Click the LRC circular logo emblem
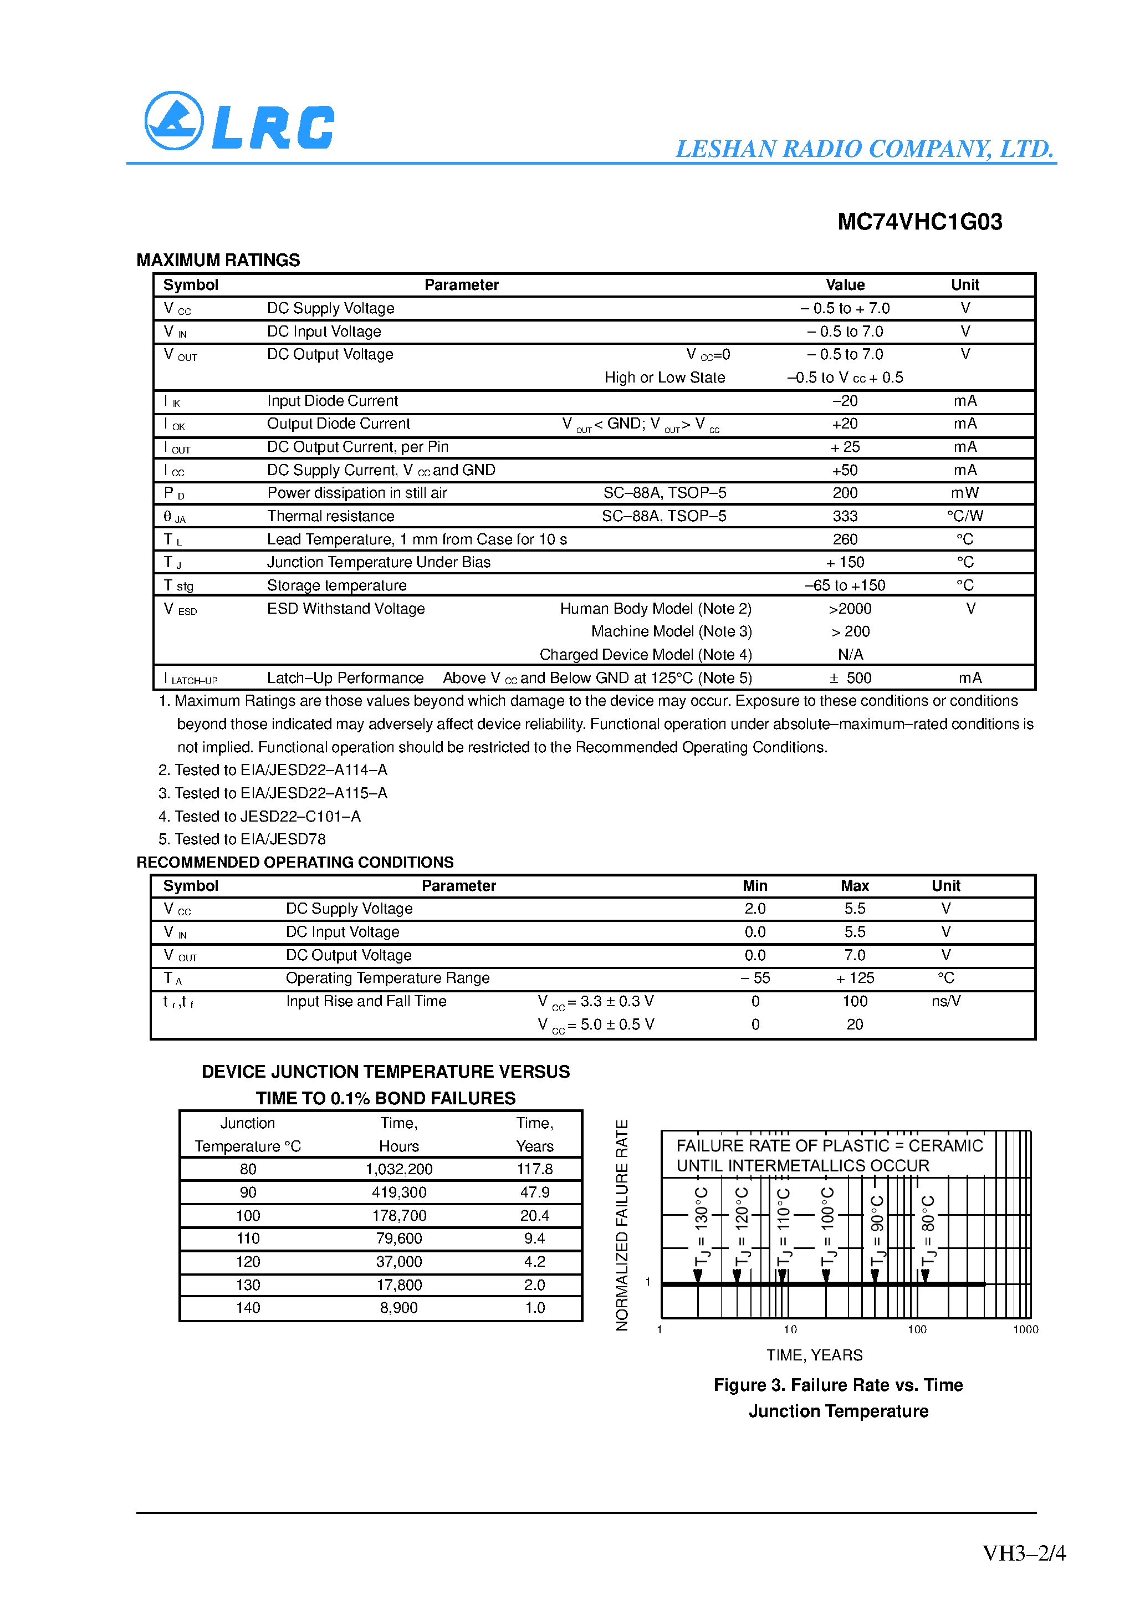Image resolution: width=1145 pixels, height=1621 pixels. (x=173, y=121)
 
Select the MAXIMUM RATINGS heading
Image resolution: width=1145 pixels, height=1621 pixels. (x=218, y=261)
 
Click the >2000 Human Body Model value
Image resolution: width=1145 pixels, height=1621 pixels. (x=850, y=609)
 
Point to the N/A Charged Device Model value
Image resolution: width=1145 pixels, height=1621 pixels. (x=850, y=655)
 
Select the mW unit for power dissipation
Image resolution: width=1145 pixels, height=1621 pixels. (x=964, y=493)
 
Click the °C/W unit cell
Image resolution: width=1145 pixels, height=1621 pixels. (x=964, y=516)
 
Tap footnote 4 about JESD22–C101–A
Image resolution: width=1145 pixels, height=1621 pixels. (x=260, y=816)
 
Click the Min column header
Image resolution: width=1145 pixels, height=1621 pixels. (x=755, y=885)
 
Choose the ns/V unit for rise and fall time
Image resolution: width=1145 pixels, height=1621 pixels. (x=945, y=1001)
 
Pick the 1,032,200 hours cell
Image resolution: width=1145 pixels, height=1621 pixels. (x=399, y=1169)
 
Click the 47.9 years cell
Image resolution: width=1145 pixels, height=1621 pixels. (x=534, y=1192)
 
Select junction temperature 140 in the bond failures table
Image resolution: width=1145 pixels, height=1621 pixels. (x=248, y=1308)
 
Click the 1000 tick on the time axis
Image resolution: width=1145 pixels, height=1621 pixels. (x=1025, y=1329)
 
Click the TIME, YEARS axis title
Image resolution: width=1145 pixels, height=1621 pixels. (x=814, y=1355)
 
